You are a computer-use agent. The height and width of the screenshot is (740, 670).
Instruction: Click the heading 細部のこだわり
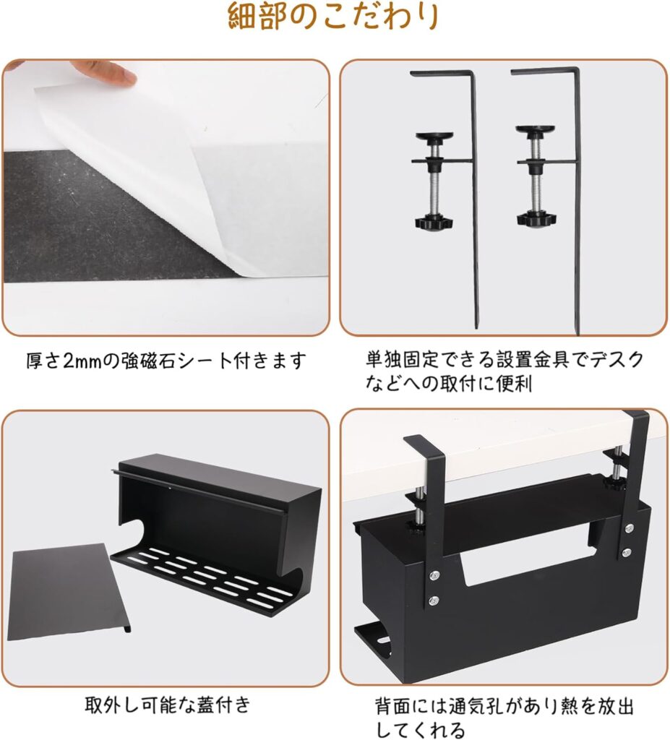[x=334, y=17]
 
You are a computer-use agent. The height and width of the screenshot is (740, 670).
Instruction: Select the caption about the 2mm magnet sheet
[x=166, y=361]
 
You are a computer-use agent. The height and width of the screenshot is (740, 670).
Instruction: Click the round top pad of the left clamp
[x=434, y=135]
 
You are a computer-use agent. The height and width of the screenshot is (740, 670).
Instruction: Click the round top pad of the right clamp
[x=536, y=129]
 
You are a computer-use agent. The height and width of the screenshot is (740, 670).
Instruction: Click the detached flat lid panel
[x=69, y=593]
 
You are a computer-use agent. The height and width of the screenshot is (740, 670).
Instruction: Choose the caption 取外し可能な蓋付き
[x=168, y=705]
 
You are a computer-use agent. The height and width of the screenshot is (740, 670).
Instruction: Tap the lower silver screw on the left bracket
[x=434, y=601]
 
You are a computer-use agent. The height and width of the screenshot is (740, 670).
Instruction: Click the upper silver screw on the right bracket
[x=629, y=528]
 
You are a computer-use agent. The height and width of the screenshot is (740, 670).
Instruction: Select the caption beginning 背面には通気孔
[x=504, y=718]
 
